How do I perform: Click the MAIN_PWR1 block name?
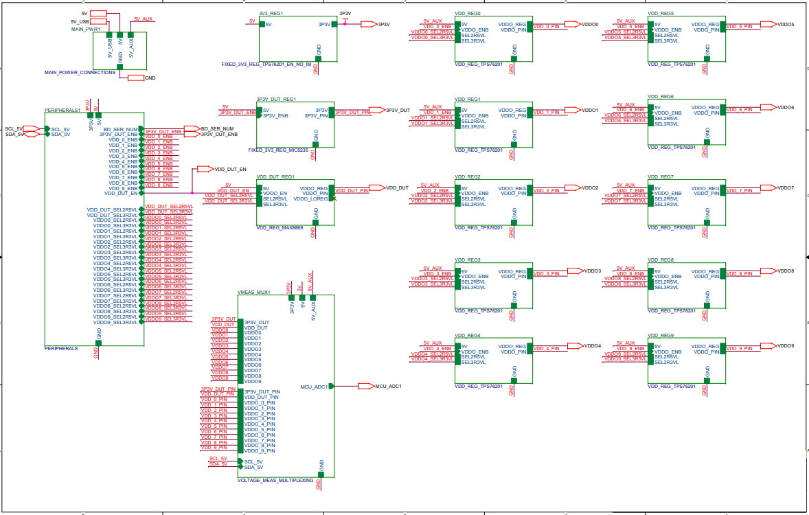click(86, 30)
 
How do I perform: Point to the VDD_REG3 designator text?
click(468, 260)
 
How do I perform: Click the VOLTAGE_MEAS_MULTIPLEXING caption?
click(275, 480)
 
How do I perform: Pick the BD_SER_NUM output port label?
click(218, 128)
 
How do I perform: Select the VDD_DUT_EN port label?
click(230, 168)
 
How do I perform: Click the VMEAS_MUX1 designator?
click(253, 292)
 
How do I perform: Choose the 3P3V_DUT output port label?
click(398, 110)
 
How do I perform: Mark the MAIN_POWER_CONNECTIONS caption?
click(80, 72)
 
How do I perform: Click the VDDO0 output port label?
click(590, 24)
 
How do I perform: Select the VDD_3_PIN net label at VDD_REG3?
click(547, 274)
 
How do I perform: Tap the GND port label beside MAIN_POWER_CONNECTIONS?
click(150, 78)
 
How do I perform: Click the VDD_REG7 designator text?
click(661, 176)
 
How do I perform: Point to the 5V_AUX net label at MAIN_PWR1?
click(144, 19)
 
